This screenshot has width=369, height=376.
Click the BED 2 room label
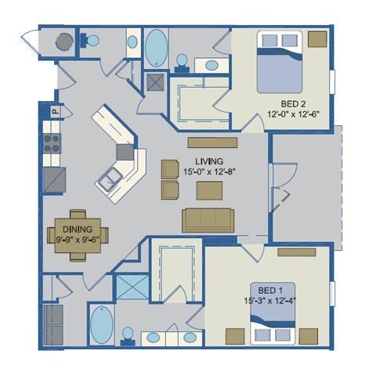[x=293, y=103]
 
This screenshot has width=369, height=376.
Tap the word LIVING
[x=201, y=142]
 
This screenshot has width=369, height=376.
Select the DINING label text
[x=77, y=229]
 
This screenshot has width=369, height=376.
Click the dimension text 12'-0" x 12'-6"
[x=293, y=113]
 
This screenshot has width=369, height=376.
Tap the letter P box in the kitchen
[x=56, y=112]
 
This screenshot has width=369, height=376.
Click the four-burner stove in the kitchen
[x=52, y=143]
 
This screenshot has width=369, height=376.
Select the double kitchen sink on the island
[x=108, y=179]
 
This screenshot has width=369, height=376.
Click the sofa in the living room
[x=208, y=220]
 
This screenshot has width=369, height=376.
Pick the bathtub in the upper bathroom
[x=157, y=48]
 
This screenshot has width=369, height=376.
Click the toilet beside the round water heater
[x=92, y=41]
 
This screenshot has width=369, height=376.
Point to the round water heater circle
[x=62, y=41]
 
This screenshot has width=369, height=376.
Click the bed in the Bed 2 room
[x=279, y=62]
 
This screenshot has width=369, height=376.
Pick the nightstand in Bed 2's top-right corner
[x=317, y=39]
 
